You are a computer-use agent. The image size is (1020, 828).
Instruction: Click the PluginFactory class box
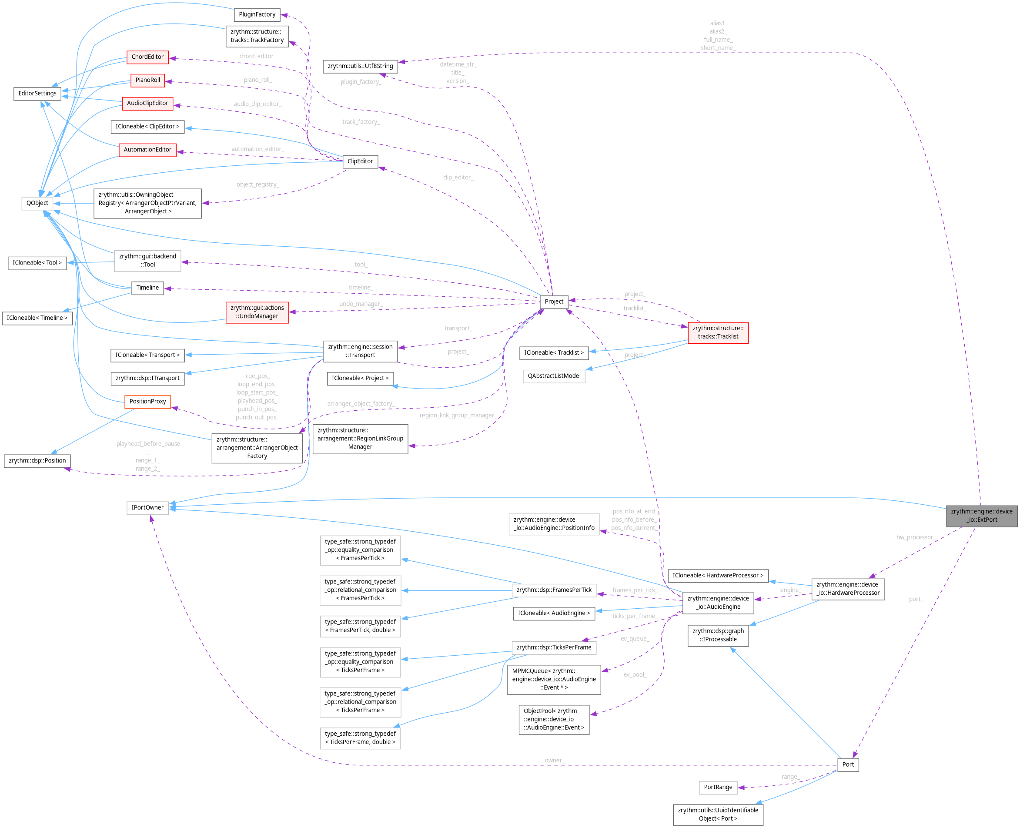pos(257,15)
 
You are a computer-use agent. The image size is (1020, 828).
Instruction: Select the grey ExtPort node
pos(981,516)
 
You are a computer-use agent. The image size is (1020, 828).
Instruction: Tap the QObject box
pos(37,203)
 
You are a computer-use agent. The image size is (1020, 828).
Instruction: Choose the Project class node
pos(554,302)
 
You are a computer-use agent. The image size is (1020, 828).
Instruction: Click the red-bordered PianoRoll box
pos(147,80)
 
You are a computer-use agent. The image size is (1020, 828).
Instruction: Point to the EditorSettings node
pos(37,94)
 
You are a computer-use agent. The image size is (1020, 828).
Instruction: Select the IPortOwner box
pos(147,507)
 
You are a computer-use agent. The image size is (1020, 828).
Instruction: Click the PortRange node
pos(718,787)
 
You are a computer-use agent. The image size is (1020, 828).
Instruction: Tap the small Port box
pos(848,764)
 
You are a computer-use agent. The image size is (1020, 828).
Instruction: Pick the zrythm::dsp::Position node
pos(37,461)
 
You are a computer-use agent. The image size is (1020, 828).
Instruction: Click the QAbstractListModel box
pos(554,376)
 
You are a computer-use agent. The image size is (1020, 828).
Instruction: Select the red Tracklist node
pos(718,332)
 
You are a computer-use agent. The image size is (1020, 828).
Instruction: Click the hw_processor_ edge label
pos(916,537)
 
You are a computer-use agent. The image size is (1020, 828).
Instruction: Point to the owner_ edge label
pos(554,760)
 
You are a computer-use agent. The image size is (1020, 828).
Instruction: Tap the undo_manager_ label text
pos(361,304)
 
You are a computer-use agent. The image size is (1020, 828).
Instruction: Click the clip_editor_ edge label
pos(458,178)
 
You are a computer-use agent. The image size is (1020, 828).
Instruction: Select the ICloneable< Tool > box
pos(37,263)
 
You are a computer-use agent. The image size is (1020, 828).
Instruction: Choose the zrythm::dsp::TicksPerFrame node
pos(554,647)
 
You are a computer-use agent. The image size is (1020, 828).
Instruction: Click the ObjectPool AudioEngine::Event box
pos(554,719)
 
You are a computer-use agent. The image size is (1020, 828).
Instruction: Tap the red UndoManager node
pos(257,312)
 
